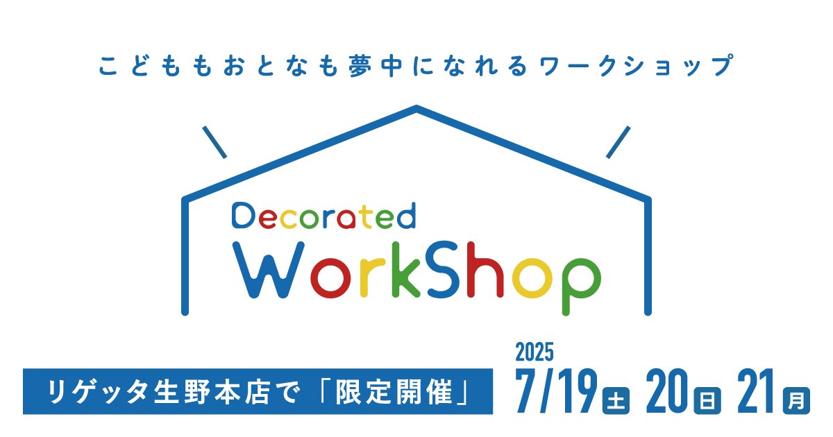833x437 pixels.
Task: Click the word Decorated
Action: [323, 216]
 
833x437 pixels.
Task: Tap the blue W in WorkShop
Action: [269, 270]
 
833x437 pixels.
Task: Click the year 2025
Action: [535, 352]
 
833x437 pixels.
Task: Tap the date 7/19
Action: [556, 391]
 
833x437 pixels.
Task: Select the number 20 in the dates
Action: [667, 391]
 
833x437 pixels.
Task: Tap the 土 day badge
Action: [616, 401]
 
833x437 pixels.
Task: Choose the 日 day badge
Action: [707, 401]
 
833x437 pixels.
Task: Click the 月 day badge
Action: [797, 401]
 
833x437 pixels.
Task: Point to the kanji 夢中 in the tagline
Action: [376, 66]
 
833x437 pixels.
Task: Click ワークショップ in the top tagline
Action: [637, 66]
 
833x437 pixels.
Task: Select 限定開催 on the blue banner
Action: [394, 392]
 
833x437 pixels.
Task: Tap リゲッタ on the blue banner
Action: [97, 392]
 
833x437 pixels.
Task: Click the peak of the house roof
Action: [416, 108]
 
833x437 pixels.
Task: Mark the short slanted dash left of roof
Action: [214, 142]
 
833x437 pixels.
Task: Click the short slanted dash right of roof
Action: [618, 142]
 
